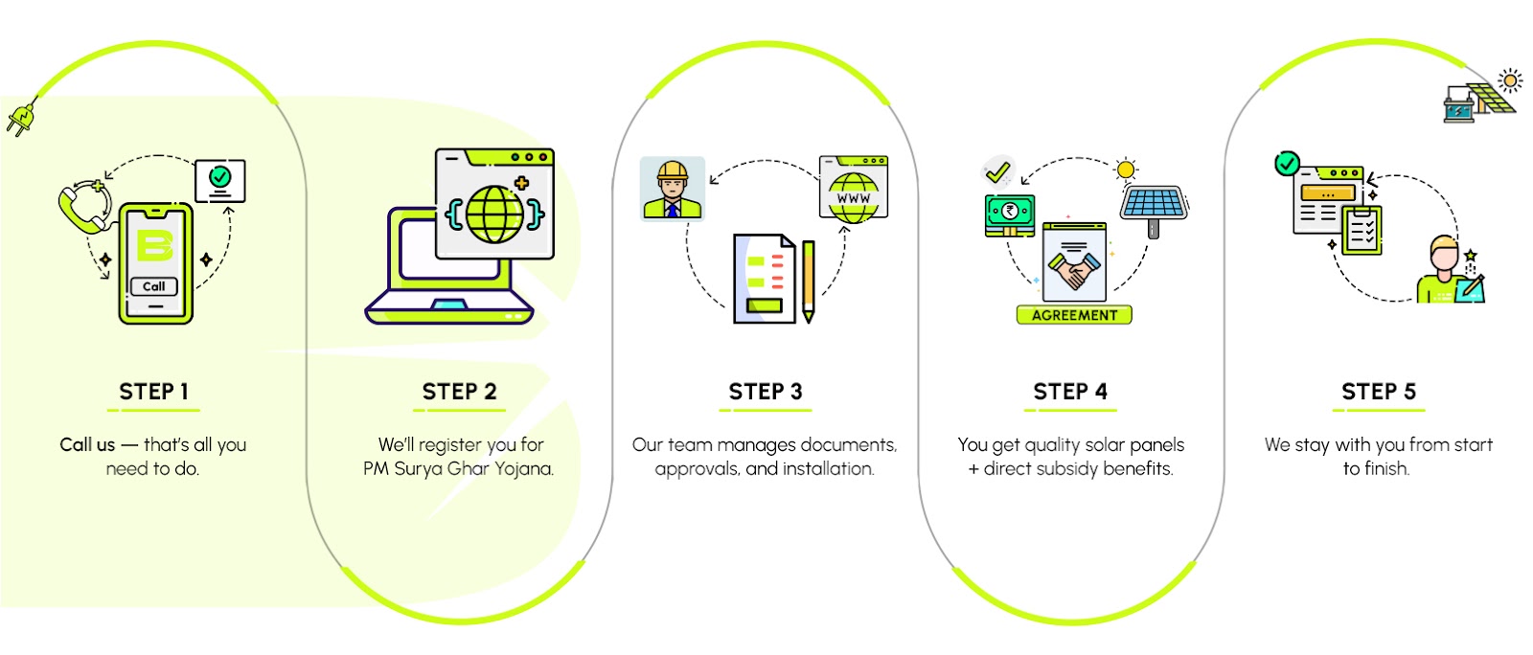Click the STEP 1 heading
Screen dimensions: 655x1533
pyautogui.click(x=153, y=392)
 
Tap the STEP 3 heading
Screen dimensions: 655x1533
pyautogui.click(x=765, y=392)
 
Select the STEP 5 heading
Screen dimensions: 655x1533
pyautogui.click(x=1378, y=392)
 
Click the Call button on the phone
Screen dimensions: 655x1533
pyautogui.click(x=154, y=286)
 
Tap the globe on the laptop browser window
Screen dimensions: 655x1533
pyautogui.click(x=495, y=213)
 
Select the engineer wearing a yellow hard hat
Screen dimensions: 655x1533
pyautogui.click(x=672, y=189)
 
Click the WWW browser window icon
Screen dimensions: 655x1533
pyautogui.click(x=853, y=190)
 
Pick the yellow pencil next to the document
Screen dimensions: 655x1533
pyautogui.click(x=809, y=281)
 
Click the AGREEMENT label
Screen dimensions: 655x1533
pyautogui.click(x=1074, y=315)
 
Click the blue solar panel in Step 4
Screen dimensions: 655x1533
pyautogui.click(x=1155, y=204)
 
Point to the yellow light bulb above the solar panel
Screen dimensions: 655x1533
pyautogui.click(x=1126, y=170)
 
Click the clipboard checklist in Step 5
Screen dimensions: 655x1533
pyautogui.click(x=1361, y=230)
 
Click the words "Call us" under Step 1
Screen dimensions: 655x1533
pyautogui.click(x=87, y=444)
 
